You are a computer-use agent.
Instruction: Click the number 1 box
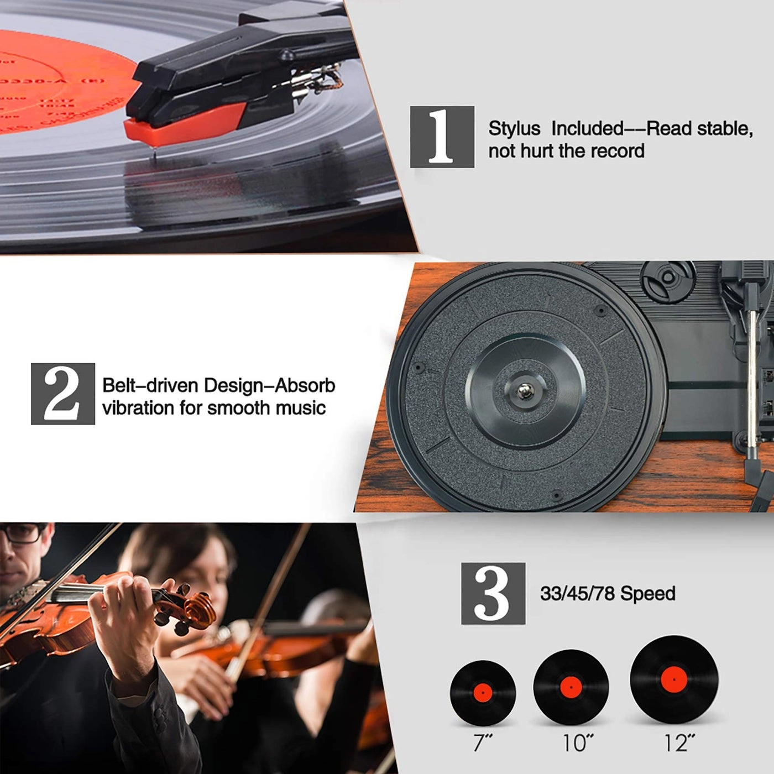442,137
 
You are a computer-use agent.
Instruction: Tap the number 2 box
62,394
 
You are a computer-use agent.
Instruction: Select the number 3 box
493,593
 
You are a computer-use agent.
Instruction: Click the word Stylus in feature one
514,128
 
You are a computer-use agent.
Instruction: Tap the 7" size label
483,743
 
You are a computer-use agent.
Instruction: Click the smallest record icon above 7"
483,693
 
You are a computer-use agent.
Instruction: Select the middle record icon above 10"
571,687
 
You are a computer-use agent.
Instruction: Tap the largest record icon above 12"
673,678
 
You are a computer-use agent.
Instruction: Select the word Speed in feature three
648,594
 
